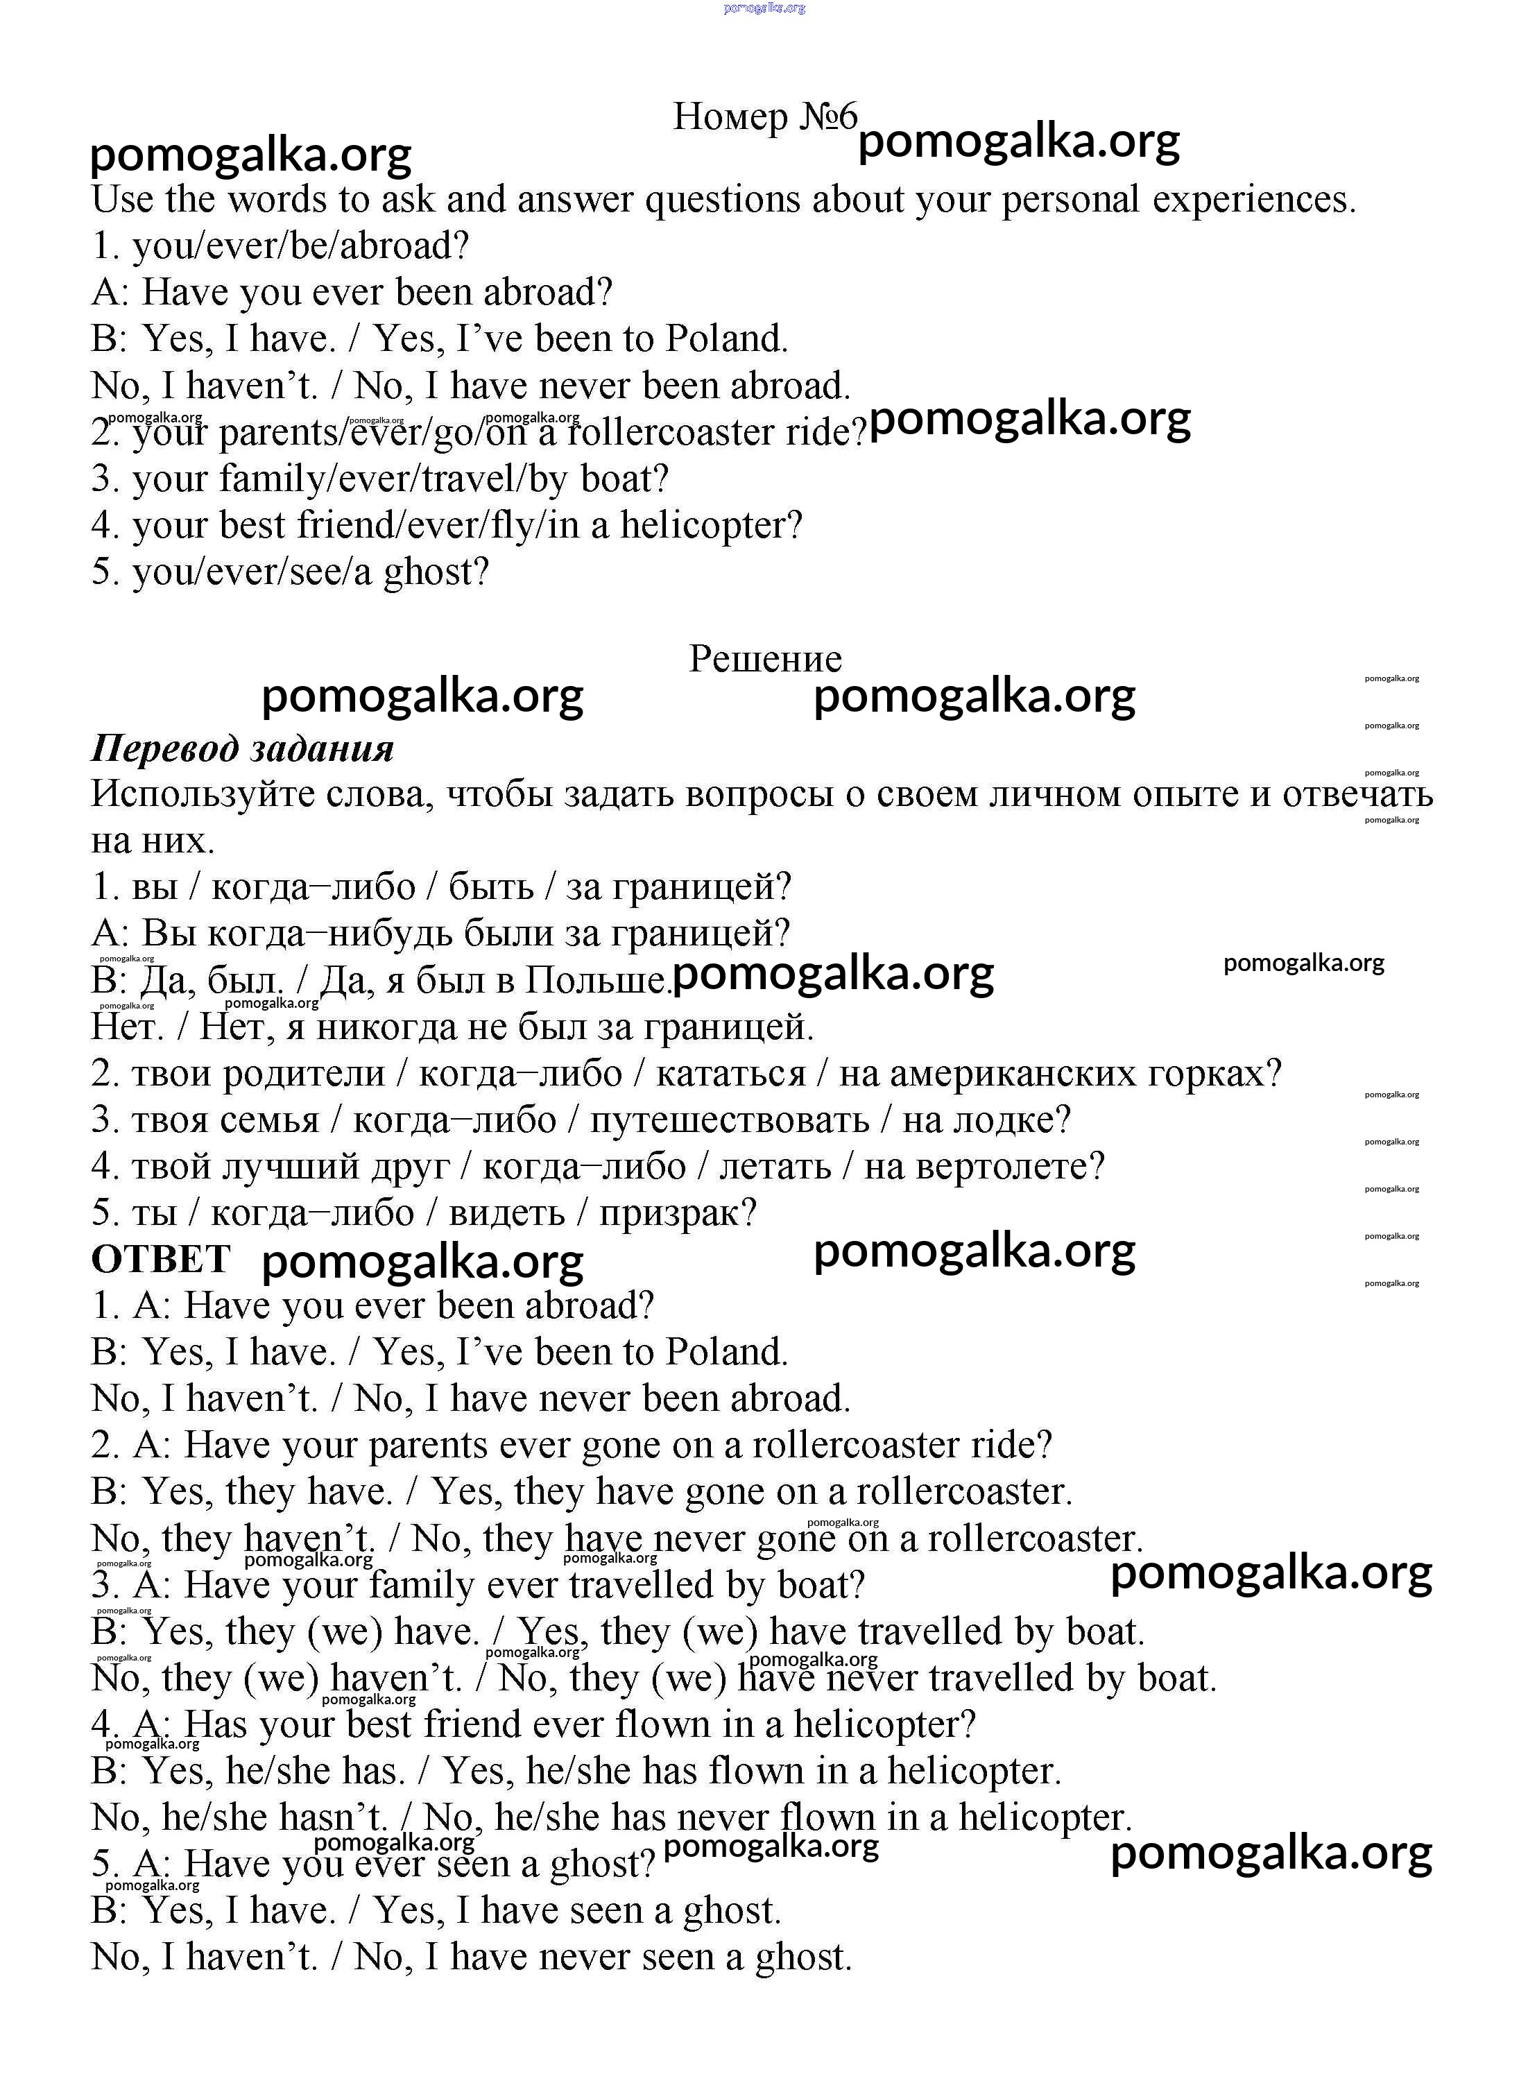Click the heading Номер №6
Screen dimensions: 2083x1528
point(765,117)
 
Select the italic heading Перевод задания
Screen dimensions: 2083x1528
point(242,748)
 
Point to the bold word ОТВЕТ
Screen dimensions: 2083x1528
point(161,1259)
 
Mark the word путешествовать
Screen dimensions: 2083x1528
point(730,1120)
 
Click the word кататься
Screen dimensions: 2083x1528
point(730,1074)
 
